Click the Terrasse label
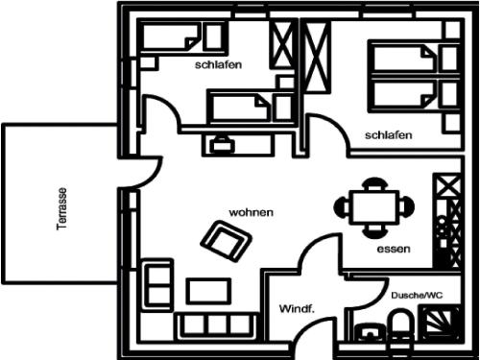click(62, 208)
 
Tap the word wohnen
click(252, 212)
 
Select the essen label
click(394, 249)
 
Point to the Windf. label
click(298, 309)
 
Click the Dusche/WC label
click(417, 295)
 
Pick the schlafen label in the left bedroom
click(218, 65)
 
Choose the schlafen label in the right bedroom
click(389, 135)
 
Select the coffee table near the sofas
click(208, 291)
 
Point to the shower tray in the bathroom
click(441, 324)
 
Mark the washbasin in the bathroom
click(371, 333)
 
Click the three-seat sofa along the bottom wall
click(219, 325)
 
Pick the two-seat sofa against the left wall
click(157, 285)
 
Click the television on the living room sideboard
click(223, 144)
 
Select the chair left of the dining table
click(342, 207)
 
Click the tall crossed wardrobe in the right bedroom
click(316, 57)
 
